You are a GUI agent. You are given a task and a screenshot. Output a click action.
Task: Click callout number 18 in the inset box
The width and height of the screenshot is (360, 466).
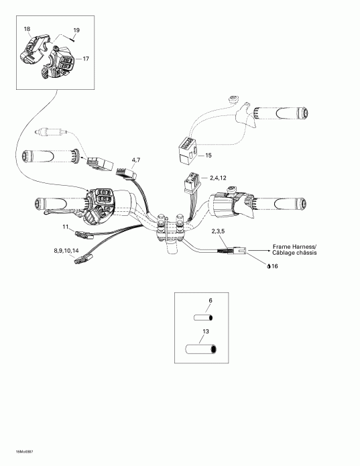click(27, 29)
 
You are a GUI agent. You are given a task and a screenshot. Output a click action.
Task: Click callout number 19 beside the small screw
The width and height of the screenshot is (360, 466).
click(76, 31)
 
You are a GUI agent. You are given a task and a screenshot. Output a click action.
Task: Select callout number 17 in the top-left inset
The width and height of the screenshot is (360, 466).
click(85, 59)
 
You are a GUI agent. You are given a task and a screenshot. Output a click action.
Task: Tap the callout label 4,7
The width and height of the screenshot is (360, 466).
click(136, 159)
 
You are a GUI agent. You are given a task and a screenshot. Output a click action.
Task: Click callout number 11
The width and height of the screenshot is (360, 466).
click(66, 228)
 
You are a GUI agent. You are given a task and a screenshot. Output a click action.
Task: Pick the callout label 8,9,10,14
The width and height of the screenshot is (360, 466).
click(66, 251)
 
